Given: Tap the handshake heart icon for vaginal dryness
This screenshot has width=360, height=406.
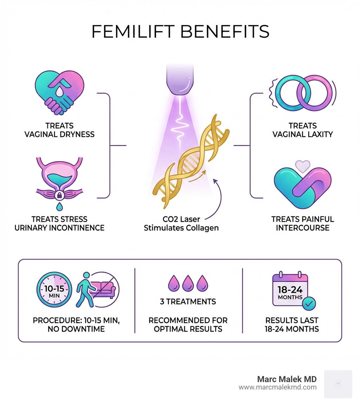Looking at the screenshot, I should coord(59,92).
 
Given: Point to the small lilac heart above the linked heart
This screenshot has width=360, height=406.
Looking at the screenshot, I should coord(303,165).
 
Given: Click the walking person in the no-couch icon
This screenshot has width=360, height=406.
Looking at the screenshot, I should coord(84,289).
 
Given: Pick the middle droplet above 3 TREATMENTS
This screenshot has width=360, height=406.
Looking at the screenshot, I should coord(188,283).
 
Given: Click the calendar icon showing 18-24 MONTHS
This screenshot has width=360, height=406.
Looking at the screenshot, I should coord(290,289).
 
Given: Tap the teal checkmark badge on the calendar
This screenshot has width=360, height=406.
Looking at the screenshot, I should coord(309,303).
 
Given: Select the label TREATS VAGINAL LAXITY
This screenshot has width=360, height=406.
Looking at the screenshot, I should coord(303,130).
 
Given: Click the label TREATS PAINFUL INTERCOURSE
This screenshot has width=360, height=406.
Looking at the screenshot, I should coord(303,223).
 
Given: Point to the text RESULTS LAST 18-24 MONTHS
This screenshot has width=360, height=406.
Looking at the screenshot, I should coord(292,325).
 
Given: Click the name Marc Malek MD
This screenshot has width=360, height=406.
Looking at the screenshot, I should coord(287,379).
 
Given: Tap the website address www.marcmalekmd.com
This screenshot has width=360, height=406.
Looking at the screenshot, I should coord(278,387).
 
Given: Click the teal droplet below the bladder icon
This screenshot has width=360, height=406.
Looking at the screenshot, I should coord(59,206).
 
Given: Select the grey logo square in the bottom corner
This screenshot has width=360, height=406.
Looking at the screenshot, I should coord(338,384).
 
